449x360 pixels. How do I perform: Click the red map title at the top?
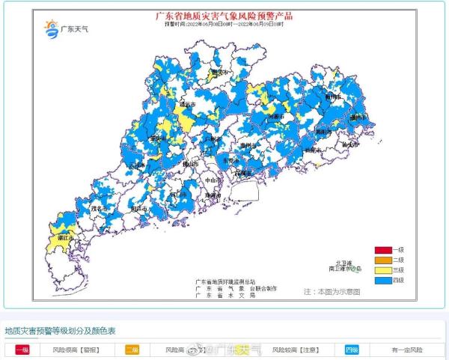click(x=224, y=16)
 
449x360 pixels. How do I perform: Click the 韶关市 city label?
click(x=219, y=73)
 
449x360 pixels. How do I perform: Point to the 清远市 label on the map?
click(x=189, y=109)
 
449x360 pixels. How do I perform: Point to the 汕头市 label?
click(x=346, y=145)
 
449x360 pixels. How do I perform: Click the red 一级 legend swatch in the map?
click(x=384, y=250)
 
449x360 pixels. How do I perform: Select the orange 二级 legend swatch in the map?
click(x=384, y=260)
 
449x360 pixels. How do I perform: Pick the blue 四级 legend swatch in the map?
click(x=384, y=280)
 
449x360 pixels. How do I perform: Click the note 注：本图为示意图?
click(x=332, y=290)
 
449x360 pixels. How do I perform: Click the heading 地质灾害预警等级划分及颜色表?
click(x=60, y=331)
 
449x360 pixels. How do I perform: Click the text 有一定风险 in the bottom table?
click(x=406, y=350)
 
